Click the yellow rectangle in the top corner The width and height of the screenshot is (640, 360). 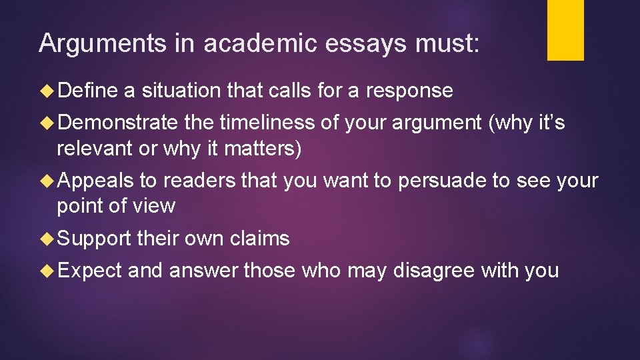click(x=565, y=29)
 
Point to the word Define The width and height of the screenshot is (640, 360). click(x=88, y=90)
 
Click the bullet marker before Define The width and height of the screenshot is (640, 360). click(x=49, y=91)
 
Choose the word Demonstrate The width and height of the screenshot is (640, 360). click(x=117, y=123)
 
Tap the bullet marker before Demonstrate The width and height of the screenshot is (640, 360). click(x=49, y=123)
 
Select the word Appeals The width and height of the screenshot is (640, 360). click(x=98, y=181)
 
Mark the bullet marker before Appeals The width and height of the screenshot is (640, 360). click(x=49, y=181)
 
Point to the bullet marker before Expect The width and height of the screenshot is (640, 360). click(x=49, y=271)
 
